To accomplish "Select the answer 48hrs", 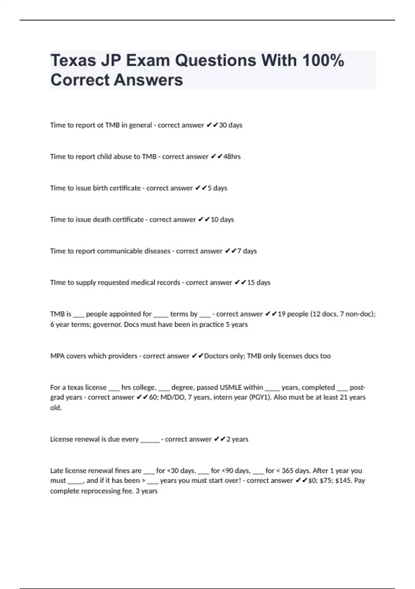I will tap(232, 157).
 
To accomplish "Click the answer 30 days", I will tap(231, 125).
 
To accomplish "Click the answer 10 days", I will tap(222, 220).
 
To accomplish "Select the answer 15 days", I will tap(259, 283).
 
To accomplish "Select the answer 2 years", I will tap(237, 439).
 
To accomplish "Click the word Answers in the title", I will tap(148, 80).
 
